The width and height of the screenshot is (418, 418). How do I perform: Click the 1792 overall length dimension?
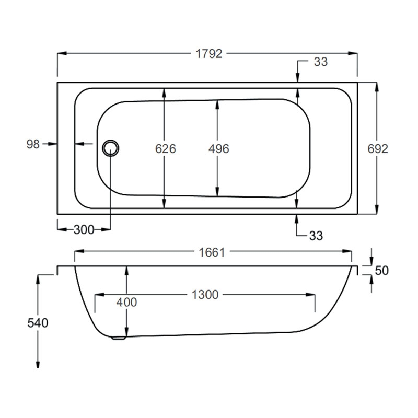coord(209,53)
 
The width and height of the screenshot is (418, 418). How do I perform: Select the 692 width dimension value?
coord(378,149)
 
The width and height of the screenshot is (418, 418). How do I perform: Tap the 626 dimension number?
coord(165,149)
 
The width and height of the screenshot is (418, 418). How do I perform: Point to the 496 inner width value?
coord(218,149)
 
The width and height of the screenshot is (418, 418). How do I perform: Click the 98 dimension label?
coord(33,144)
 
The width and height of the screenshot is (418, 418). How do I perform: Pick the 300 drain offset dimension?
coord(84,230)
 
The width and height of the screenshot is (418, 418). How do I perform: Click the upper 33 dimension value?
coord(320,62)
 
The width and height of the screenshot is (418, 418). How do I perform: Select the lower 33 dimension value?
coord(316,236)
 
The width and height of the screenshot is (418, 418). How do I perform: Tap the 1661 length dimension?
coord(211,252)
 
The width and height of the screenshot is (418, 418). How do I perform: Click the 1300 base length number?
coord(204,295)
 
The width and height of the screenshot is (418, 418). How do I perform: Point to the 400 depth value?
coord(126,302)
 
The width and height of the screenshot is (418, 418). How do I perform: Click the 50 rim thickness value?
coord(382,271)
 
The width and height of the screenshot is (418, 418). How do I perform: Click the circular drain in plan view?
coord(111,148)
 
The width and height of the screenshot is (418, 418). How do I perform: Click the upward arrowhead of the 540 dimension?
coord(38,277)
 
